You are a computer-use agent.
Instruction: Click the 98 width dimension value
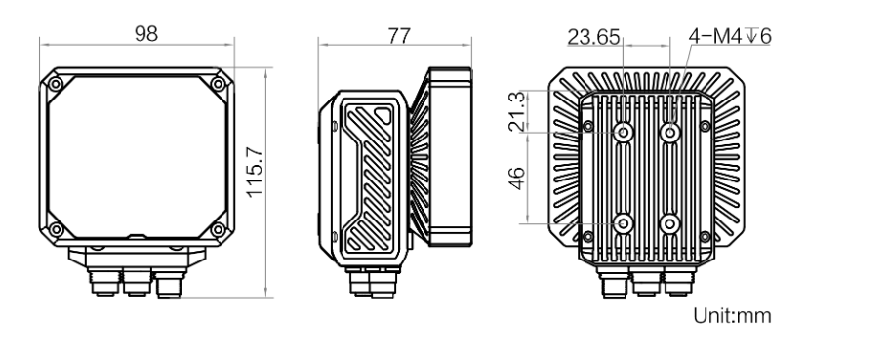tap(146, 34)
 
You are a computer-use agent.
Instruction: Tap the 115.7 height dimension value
tap(255, 172)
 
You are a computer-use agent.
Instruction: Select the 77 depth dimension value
tap(399, 36)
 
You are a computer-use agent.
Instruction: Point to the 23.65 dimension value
tap(593, 37)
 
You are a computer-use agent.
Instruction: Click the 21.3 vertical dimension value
tap(517, 111)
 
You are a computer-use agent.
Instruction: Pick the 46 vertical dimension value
tap(517, 179)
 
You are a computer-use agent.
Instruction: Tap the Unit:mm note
tap(732, 315)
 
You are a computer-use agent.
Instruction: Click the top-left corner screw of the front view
tap(56, 84)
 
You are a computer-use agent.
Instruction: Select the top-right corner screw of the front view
tap(218, 84)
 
